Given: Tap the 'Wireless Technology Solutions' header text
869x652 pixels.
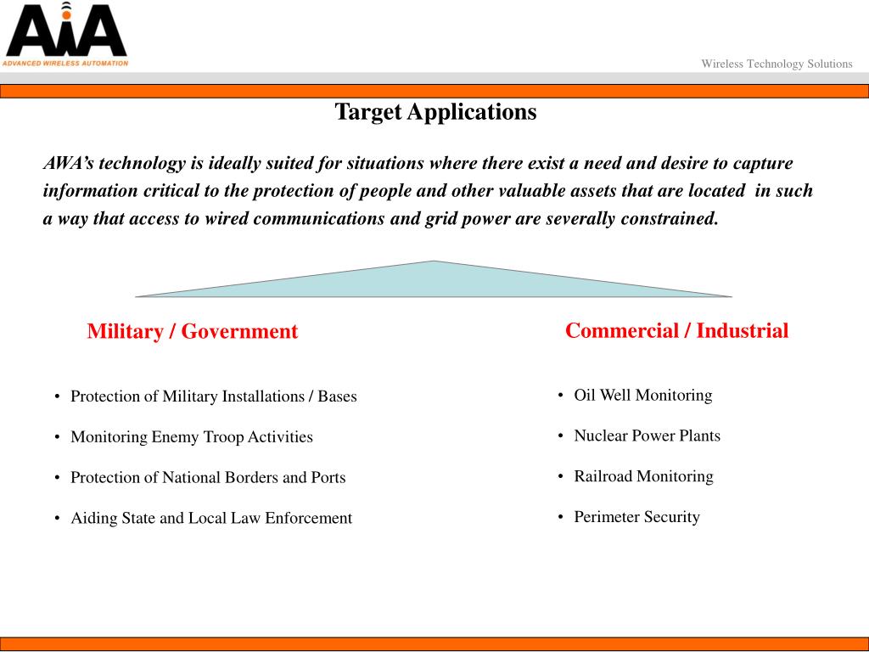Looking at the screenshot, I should (x=776, y=64).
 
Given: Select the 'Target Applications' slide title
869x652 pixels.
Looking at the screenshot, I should (x=435, y=112).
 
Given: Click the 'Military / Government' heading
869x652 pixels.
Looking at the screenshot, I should (x=192, y=331).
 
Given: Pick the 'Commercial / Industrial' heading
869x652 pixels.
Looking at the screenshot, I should (x=676, y=330).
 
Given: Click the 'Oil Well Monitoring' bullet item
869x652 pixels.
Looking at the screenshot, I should (x=642, y=395).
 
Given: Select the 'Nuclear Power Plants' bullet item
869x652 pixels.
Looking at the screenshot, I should (x=647, y=436).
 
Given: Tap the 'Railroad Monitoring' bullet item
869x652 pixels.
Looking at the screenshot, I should (x=643, y=476).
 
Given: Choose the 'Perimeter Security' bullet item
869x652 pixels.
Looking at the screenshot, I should (x=636, y=517).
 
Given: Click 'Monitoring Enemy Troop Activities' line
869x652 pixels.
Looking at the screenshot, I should (x=191, y=437).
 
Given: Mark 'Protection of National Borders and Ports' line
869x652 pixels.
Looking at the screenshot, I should (x=208, y=478).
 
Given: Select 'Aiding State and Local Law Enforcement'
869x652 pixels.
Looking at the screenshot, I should (x=210, y=518).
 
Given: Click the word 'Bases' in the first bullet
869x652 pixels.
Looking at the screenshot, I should (x=337, y=396).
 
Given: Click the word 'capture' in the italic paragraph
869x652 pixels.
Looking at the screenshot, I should (x=761, y=163).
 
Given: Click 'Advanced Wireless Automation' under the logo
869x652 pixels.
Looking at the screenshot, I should (x=65, y=63).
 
